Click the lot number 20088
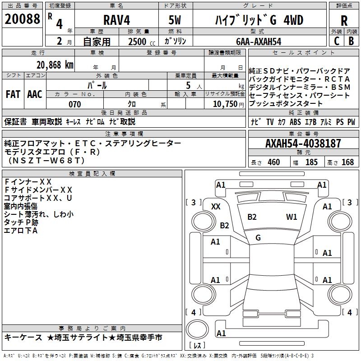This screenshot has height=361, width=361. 22,20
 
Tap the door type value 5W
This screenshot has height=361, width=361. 175,21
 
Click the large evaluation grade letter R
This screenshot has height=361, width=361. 344,21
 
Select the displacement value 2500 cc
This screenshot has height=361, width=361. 137,42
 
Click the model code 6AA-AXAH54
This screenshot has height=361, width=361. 259,42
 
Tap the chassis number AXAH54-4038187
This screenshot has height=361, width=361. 303,144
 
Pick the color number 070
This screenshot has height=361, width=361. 74,104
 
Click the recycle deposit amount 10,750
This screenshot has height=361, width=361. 225,104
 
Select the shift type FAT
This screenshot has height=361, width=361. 13,94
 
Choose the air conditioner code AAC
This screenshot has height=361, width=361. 35,94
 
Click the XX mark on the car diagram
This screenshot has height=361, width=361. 216,206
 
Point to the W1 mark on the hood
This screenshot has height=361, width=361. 292,217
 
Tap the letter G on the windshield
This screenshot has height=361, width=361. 258,238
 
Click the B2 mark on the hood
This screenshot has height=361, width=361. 252,217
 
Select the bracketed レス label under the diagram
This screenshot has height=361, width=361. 197,346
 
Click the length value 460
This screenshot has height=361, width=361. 273,162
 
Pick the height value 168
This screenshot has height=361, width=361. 347,162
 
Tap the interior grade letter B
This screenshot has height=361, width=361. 351,41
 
